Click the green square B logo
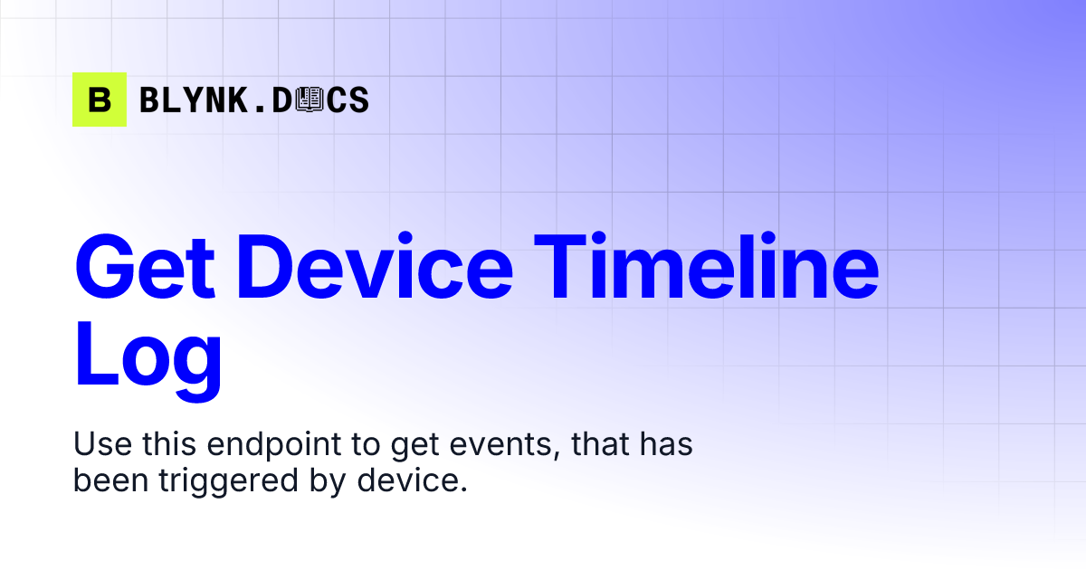[100, 100]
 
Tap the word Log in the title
[148, 357]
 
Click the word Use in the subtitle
[99, 445]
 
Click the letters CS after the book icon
[348, 100]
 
